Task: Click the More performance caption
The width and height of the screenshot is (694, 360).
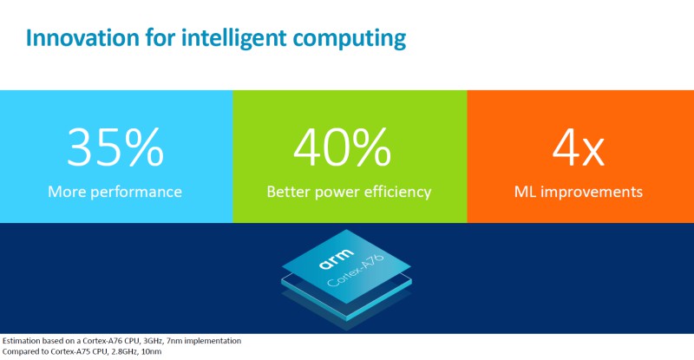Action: pyautogui.click(x=115, y=192)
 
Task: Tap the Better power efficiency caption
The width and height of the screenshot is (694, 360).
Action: pyautogui.click(x=349, y=192)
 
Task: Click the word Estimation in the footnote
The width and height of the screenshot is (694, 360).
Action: pyautogui.click(x=23, y=340)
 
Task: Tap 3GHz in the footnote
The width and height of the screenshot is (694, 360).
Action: pyautogui.click(x=151, y=340)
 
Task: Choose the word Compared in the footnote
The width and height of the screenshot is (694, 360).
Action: pyautogui.click(x=22, y=352)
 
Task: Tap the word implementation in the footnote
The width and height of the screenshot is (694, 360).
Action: pyautogui.click(x=218, y=340)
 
